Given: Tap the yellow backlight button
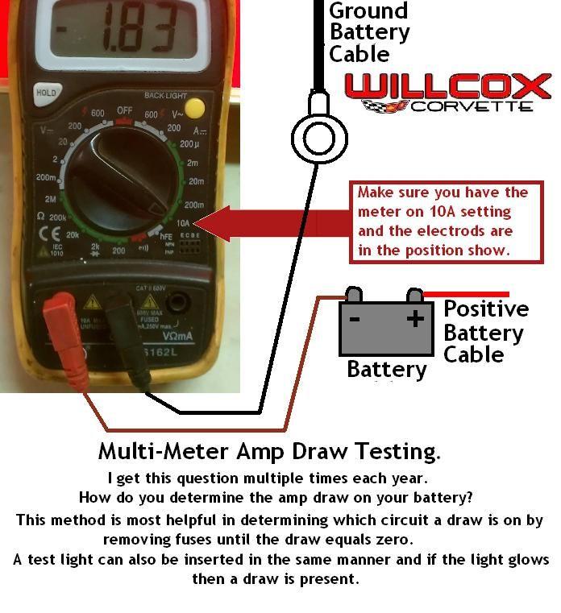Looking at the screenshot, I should [x=193, y=108].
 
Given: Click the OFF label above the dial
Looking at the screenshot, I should [x=124, y=110].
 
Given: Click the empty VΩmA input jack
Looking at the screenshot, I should [x=178, y=304].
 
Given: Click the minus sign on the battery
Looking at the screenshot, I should [x=354, y=319].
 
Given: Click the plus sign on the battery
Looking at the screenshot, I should [x=414, y=319].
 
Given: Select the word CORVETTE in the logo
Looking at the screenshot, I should [x=472, y=106].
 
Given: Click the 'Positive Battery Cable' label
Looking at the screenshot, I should [x=485, y=331].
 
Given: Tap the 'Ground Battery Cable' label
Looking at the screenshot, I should [x=369, y=32].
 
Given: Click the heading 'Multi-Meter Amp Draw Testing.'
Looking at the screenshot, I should [x=269, y=450].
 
